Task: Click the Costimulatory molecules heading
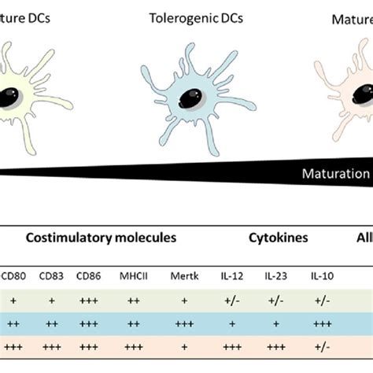[102, 237]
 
